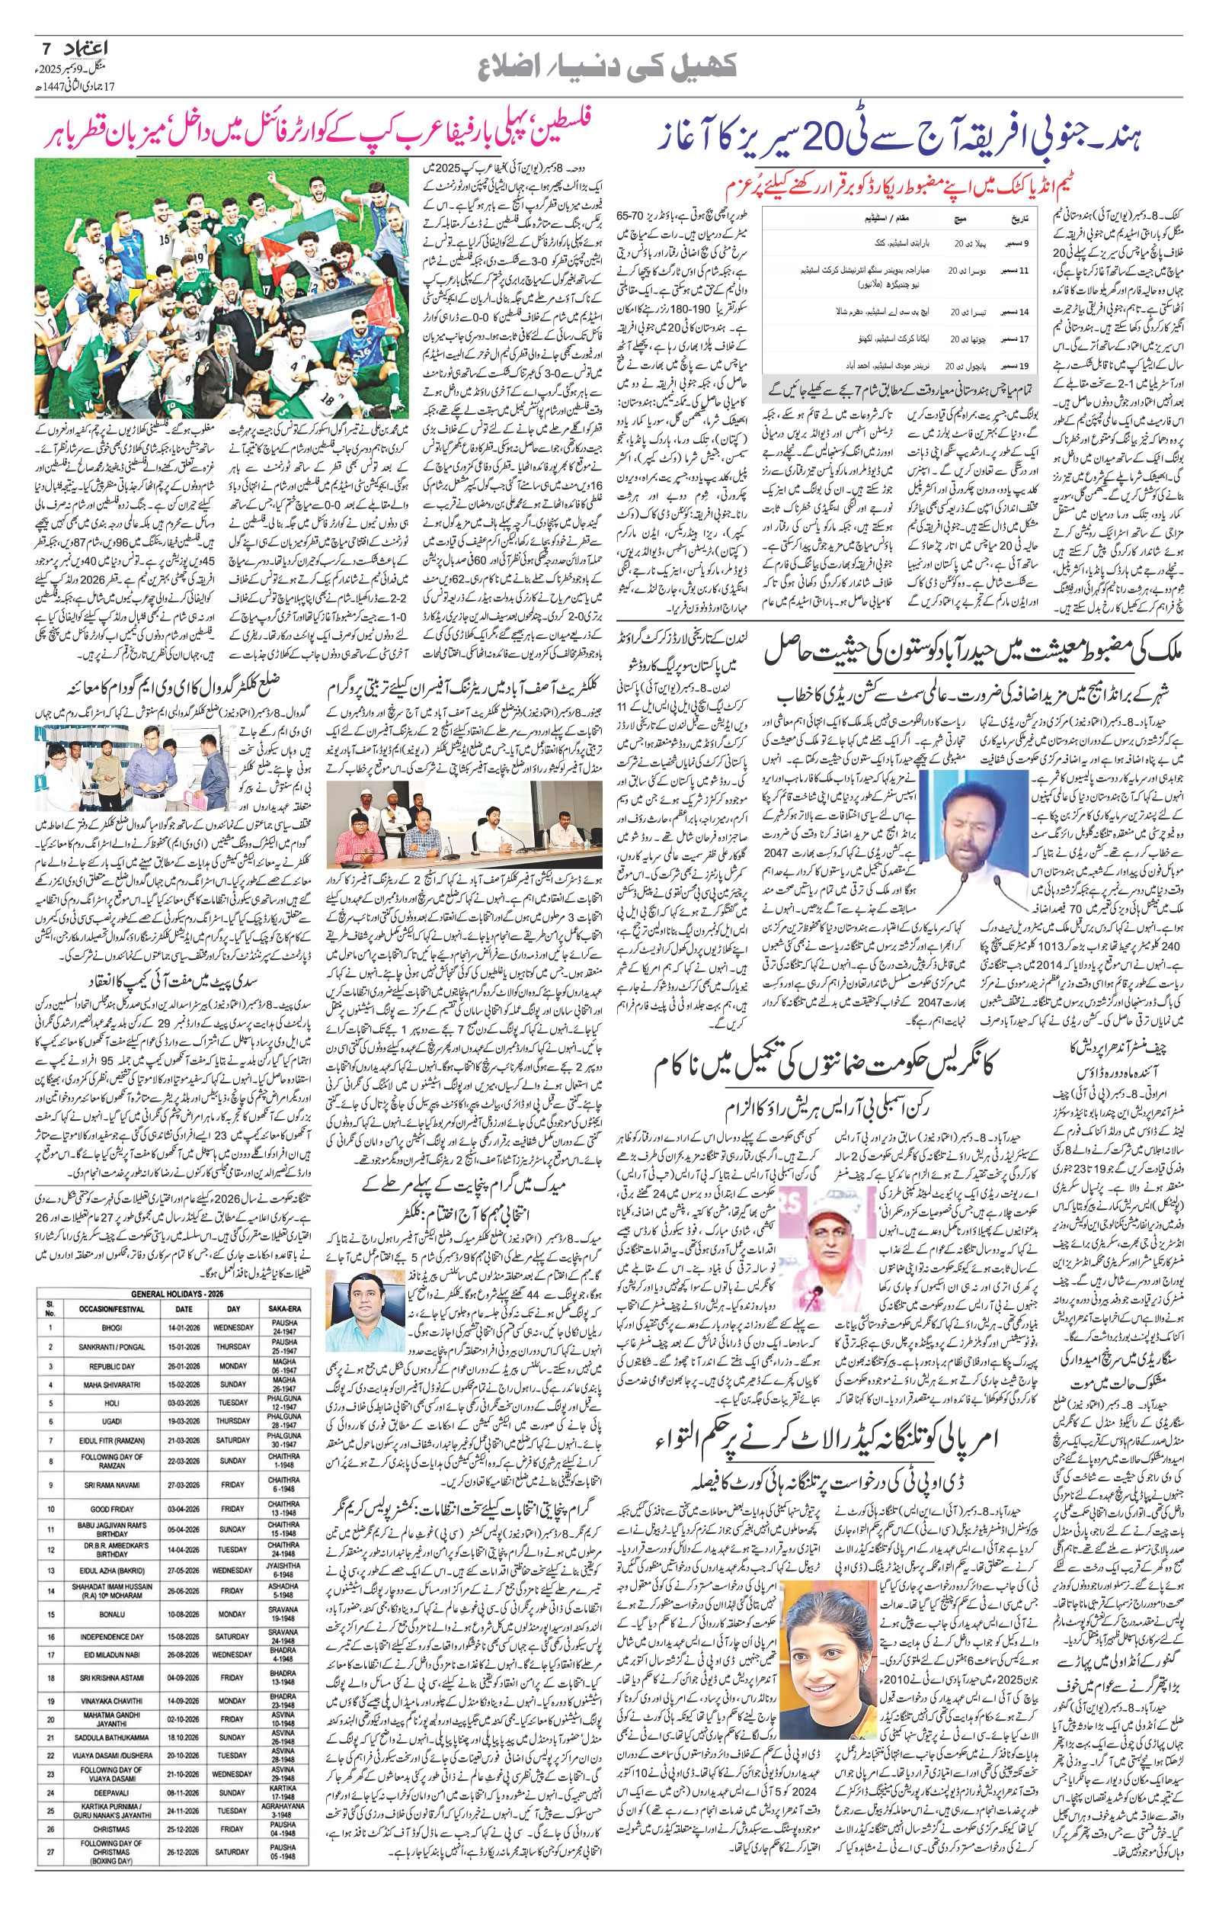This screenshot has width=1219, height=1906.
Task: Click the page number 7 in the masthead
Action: pyautogui.click(x=43, y=49)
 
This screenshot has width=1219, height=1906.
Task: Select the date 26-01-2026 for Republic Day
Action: pyautogui.click(x=184, y=1366)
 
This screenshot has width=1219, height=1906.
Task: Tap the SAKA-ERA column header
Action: pyautogui.click(x=283, y=1308)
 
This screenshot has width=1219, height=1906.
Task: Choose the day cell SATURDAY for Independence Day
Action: pyautogui.click(x=232, y=1697)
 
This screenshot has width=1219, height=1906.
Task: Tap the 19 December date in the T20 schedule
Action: pyautogui.click(x=1018, y=367)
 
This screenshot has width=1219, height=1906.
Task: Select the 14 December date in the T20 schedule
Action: pyautogui.click(x=1018, y=311)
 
